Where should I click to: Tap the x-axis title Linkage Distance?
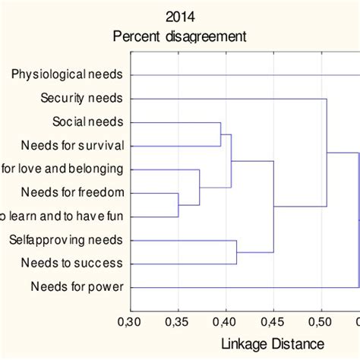click(x=272, y=343)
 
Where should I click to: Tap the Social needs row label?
click(x=88, y=122)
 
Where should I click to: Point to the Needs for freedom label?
click(x=73, y=192)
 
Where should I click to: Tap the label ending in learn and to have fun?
click(x=62, y=216)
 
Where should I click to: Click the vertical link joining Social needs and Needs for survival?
click(x=221, y=134)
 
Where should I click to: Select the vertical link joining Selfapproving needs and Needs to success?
click(x=237, y=252)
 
